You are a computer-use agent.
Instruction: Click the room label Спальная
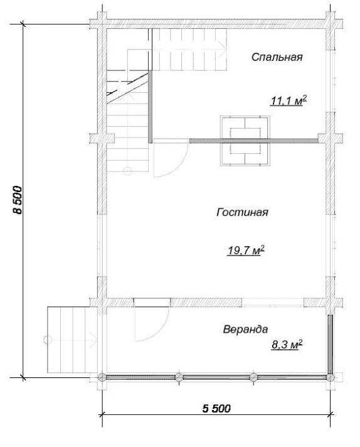point(277,57)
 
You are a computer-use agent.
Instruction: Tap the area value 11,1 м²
point(289,100)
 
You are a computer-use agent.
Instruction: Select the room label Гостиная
point(242,212)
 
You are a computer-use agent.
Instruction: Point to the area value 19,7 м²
point(246,250)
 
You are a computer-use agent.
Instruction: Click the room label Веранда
point(245,329)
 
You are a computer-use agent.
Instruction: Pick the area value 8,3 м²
point(287,345)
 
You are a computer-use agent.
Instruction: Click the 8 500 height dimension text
point(18,200)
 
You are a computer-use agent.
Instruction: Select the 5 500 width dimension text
point(216,409)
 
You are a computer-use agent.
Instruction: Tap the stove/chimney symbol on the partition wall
point(245,141)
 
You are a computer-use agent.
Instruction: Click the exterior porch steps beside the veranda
point(72,340)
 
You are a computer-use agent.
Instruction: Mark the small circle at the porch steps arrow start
point(48,340)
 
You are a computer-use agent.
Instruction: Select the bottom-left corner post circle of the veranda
point(102,377)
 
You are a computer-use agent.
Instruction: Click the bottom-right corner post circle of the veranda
point(330,378)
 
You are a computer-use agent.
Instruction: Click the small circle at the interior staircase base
point(127,171)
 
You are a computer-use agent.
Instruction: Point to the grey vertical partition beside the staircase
point(150,107)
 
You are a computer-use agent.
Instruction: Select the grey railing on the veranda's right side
point(330,345)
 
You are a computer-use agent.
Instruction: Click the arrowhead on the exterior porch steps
point(93,340)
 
